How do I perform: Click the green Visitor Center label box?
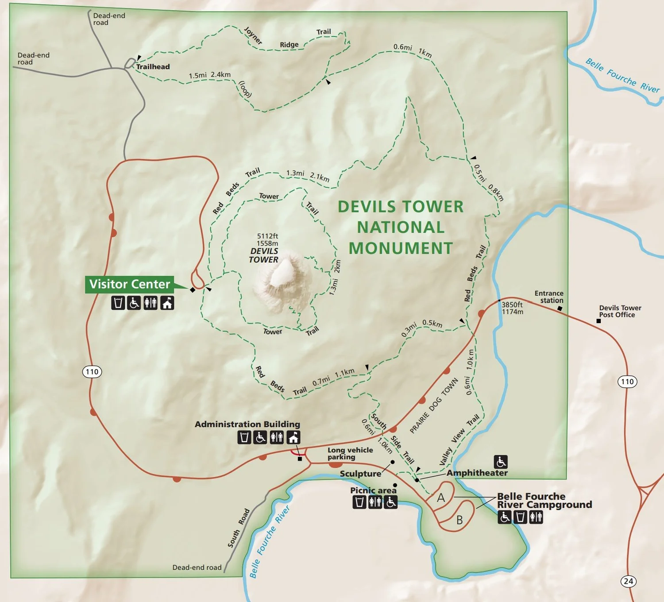129,284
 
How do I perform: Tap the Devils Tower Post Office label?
620,311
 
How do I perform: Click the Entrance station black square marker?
560,308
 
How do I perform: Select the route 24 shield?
628,581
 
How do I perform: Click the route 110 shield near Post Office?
627,382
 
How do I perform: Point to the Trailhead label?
153,67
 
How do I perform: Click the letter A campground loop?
441,498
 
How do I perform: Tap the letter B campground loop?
459,520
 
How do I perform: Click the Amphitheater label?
477,473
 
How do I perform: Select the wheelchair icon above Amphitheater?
501,462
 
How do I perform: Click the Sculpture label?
360,474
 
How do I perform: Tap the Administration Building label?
247,424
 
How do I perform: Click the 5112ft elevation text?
267,236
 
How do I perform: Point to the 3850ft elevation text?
512,305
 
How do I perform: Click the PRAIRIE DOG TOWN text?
434,405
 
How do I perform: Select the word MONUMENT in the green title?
401,248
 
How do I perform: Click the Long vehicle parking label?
350,453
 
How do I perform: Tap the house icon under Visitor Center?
167,303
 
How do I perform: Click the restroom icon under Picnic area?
375,502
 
